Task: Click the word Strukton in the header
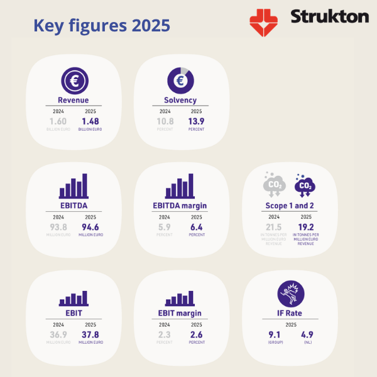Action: pyautogui.click(x=329, y=17)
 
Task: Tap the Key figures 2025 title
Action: pyautogui.click(x=101, y=26)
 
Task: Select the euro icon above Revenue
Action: pyautogui.click(x=73, y=81)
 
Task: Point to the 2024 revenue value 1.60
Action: pyautogui.click(x=58, y=121)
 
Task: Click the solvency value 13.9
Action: pyautogui.click(x=197, y=121)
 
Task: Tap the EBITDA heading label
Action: pyautogui.click(x=74, y=205)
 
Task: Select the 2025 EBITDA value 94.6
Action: pyautogui.click(x=91, y=227)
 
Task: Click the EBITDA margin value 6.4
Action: pyautogui.click(x=197, y=227)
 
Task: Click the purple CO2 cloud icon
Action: pyautogui.click(x=305, y=185)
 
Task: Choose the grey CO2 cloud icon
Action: pyautogui.click(x=274, y=183)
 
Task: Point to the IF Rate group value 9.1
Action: pyautogui.click(x=275, y=334)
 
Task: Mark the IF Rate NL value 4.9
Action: pyautogui.click(x=307, y=334)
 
